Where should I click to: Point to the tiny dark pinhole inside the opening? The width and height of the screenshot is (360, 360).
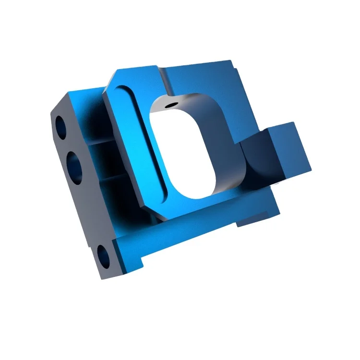click(x=170, y=103)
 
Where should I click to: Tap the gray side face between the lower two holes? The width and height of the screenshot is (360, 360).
click(x=89, y=211)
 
